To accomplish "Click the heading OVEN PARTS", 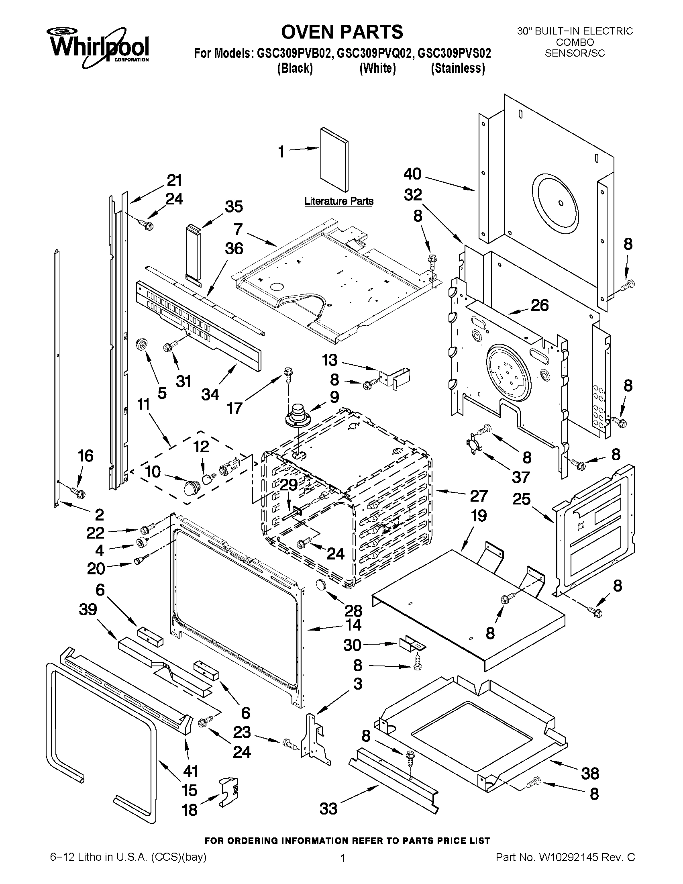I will coord(342,32).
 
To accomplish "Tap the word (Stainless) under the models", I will coord(458,68).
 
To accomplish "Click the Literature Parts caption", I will coord(338,201).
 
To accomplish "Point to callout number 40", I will coord(412,174).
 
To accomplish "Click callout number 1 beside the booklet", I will coord(281,152).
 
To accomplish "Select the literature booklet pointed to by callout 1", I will coord(334,160).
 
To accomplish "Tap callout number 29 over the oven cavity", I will coord(289,484).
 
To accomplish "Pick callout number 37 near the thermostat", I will coord(520,477).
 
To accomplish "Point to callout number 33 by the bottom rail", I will coord(328,809).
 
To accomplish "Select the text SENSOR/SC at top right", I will coord(575,53).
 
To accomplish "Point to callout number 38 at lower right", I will coord(589,774).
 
